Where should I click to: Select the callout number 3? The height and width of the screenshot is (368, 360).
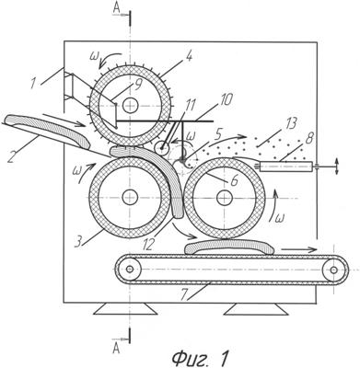coord(79,241)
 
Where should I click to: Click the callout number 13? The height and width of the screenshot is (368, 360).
coord(290,125)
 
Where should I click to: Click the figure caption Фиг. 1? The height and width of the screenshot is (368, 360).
coord(201,358)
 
